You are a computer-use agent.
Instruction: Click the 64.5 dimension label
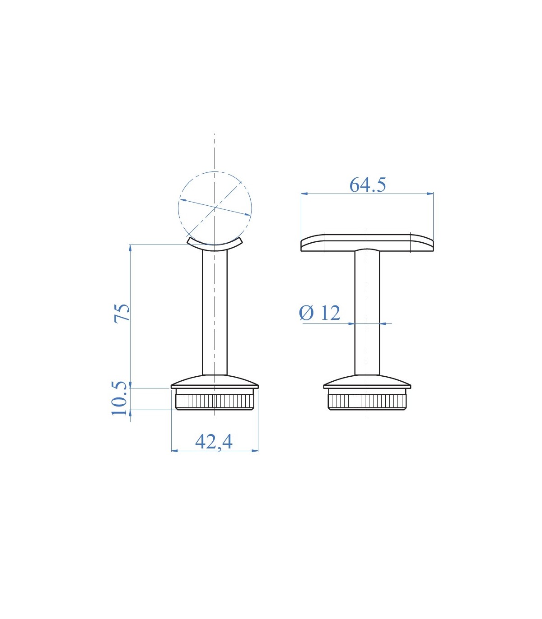click(368, 185)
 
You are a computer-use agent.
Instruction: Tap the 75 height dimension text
click(121, 314)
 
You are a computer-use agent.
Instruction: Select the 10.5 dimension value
click(120, 398)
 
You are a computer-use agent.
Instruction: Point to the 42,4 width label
click(214, 442)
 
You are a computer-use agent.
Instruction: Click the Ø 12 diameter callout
click(320, 313)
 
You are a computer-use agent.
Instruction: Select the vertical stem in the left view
click(215, 313)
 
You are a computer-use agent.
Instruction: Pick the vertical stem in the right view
click(367, 313)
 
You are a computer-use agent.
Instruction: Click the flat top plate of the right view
click(367, 243)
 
